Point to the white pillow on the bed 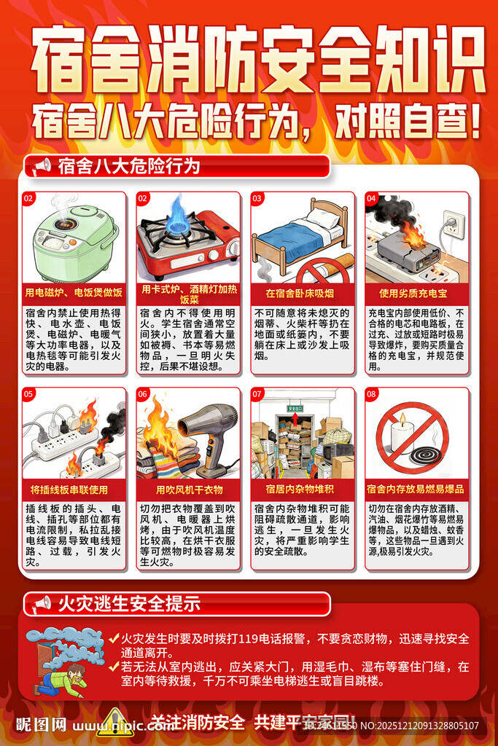click(x=322, y=217)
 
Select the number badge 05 click(x=29, y=394)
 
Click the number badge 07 click(x=257, y=394)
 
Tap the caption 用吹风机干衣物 click(x=189, y=489)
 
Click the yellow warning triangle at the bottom click(x=115, y=723)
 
